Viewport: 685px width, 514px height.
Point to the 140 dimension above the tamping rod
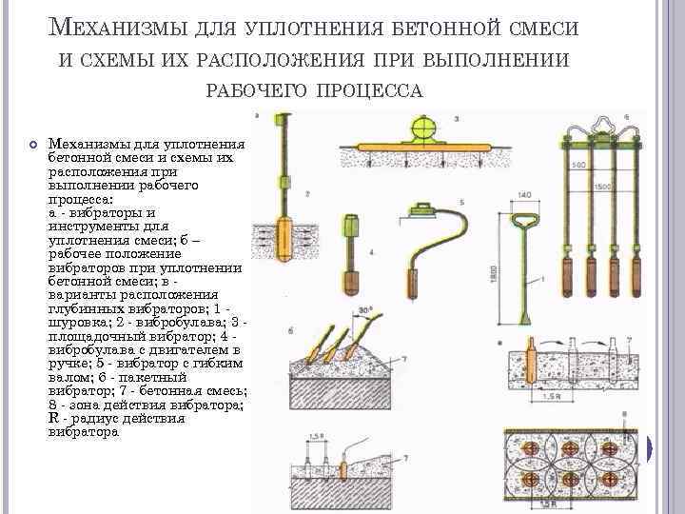tap(524, 196)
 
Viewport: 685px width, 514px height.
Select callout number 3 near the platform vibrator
tap(456, 119)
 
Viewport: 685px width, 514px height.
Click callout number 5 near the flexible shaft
tap(461, 202)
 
